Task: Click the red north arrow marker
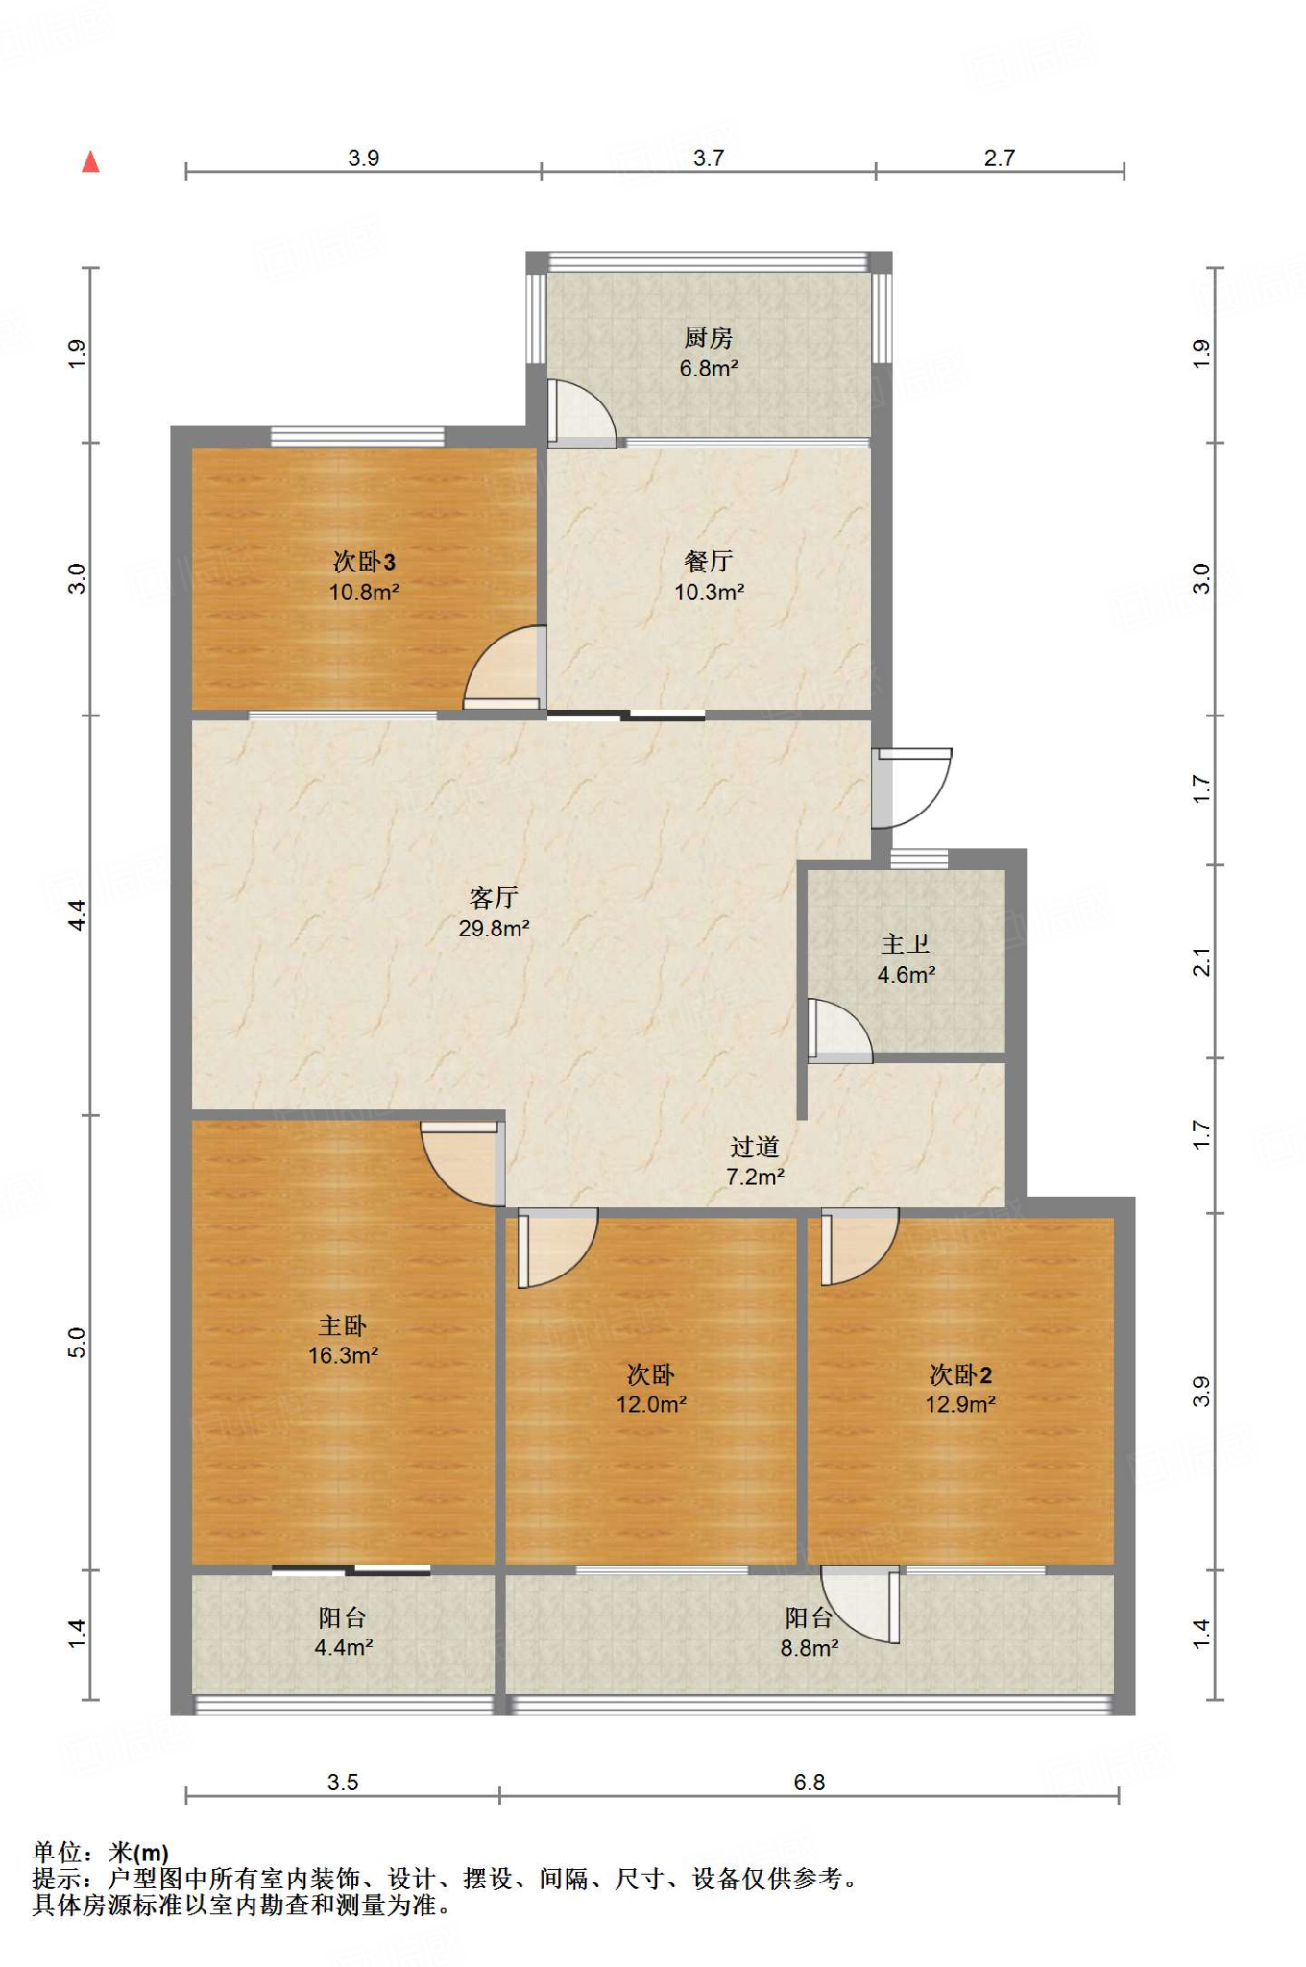point(91,161)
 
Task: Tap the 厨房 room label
point(708,338)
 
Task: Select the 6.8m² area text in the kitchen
point(708,368)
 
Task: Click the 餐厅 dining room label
point(708,561)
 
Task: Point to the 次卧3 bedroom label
point(363,561)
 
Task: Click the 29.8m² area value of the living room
point(494,928)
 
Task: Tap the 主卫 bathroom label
point(905,944)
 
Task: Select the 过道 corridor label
point(754,1147)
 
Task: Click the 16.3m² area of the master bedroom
point(343,1355)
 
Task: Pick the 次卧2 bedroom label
point(959,1374)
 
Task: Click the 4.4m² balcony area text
point(343,1647)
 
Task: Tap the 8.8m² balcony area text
point(809,1648)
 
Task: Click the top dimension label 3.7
point(708,158)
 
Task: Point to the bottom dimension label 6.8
point(809,1783)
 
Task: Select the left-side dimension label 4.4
point(77,914)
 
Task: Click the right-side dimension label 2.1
point(1201,961)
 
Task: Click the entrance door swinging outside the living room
point(913,788)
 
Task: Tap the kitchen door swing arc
point(581,413)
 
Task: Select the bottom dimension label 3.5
point(342,1783)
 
